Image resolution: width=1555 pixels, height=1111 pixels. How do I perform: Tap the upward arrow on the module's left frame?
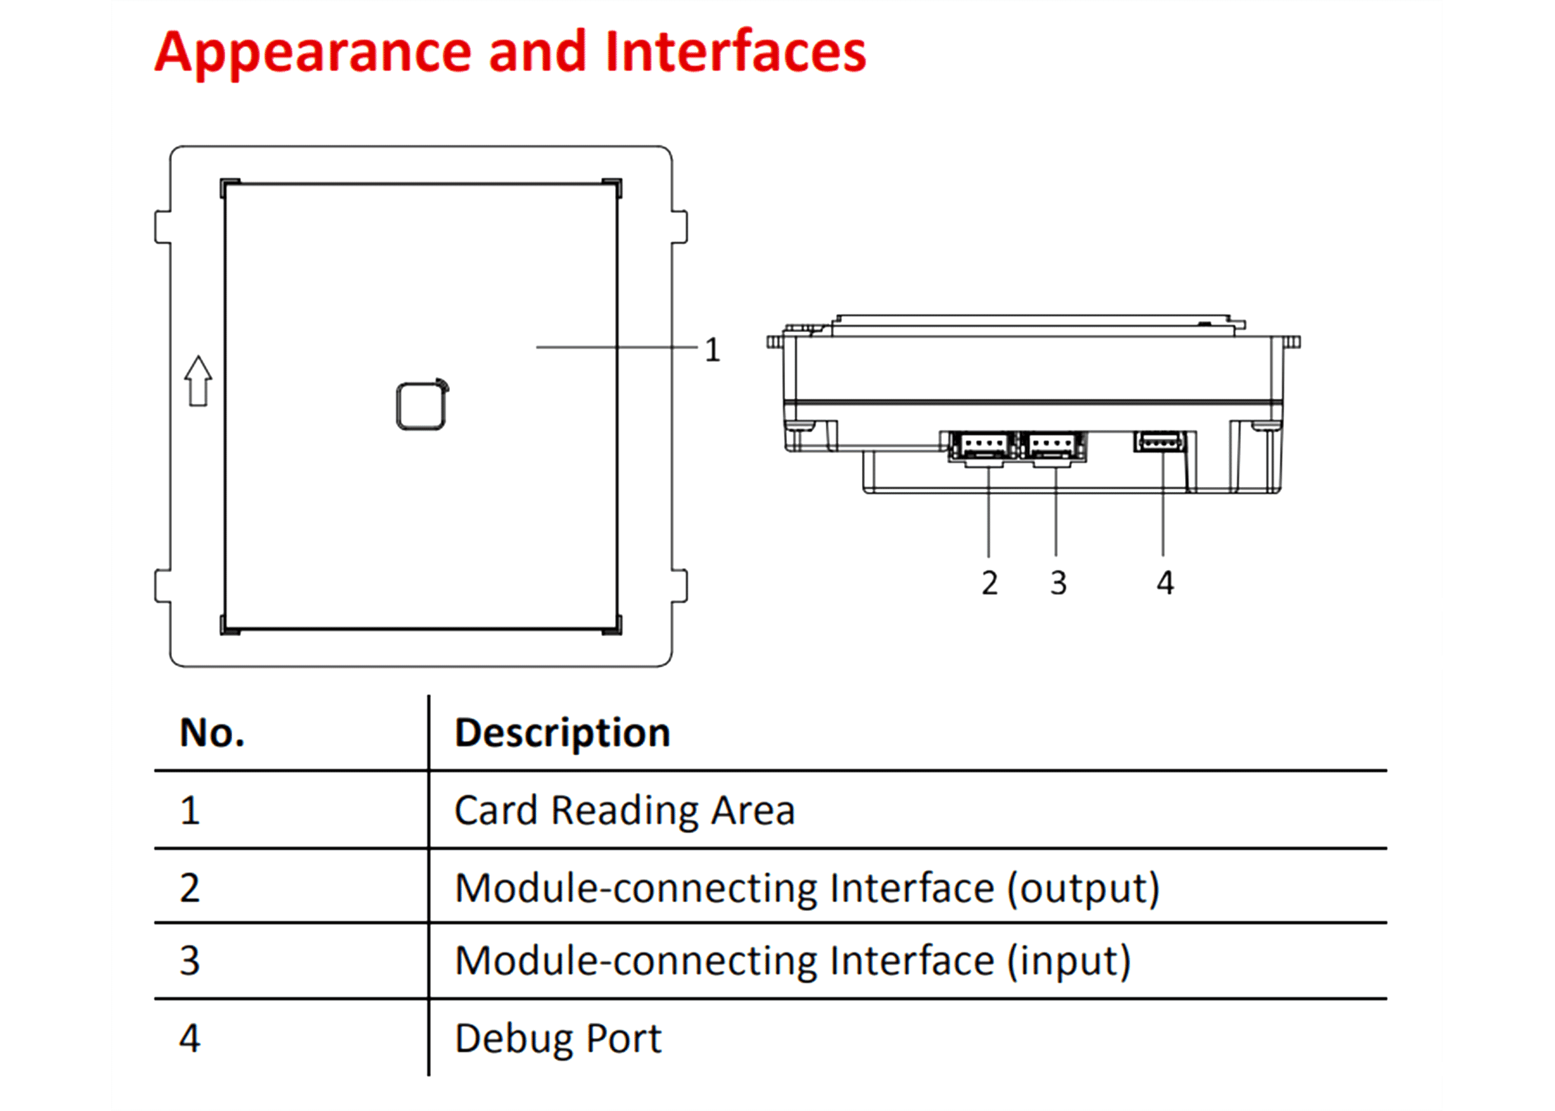pos(198,381)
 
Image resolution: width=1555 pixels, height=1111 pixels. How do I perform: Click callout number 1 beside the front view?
pos(713,350)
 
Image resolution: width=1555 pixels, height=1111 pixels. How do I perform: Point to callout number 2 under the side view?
pos(989,583)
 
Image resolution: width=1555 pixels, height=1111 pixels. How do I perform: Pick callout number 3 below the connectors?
pos(1058,583)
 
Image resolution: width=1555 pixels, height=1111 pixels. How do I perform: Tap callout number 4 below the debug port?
pos(1165,583)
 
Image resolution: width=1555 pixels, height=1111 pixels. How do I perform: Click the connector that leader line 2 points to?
pos(983,446)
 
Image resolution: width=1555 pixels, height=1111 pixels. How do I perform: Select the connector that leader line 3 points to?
pos(1052,446)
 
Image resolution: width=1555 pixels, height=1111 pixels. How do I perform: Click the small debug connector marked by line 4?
pos(1160,441)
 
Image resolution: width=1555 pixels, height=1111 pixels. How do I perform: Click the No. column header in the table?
pos(212,733)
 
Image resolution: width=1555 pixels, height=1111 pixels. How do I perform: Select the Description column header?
pos(562,733)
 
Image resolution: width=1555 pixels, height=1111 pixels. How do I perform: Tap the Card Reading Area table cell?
pos(625,811)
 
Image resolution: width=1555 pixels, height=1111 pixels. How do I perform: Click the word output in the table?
pos(1083,889)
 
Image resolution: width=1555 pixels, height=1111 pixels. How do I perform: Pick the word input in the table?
pos(1069,961)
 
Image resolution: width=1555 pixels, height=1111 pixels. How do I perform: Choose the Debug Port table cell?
pos(558,1039)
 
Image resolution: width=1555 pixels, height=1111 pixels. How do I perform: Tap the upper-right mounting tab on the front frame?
pos(679,227)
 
